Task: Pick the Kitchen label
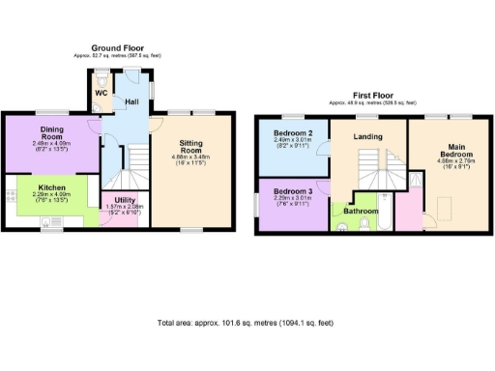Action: pos(51,188)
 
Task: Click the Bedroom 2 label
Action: pos(291,132)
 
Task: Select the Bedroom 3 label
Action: pos(291,190)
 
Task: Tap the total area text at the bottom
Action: pos(247,323)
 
